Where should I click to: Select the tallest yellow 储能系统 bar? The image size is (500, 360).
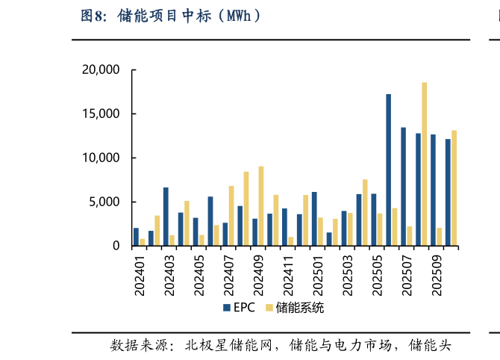point(425,164)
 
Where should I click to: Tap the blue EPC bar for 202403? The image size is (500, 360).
point(166,217)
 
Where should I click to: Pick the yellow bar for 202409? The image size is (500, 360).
point(260,206)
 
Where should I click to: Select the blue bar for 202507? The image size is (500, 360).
point(404,187)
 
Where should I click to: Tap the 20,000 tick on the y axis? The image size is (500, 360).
point(101,69)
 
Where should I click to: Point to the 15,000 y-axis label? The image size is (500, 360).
point(101,114)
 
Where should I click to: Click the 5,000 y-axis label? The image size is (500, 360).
point(104,202)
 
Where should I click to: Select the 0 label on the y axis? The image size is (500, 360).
point(116,246)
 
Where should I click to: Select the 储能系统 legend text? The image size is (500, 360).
point(300,308)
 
